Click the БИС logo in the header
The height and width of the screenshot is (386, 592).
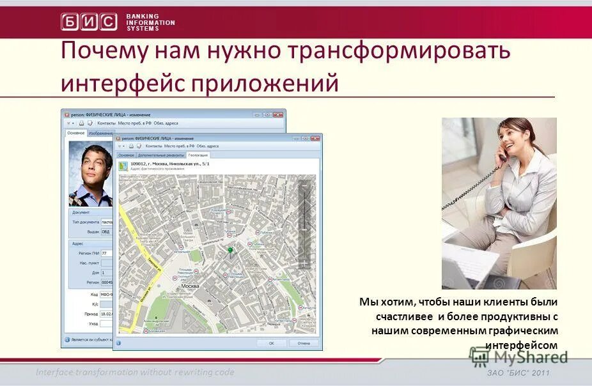pos(89,22)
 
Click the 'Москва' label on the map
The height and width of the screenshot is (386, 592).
pos(191,286)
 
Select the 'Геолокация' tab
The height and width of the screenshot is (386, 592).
pos(198,155)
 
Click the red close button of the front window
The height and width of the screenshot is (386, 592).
pos(315,138)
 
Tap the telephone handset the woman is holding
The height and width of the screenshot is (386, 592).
pos(503,151)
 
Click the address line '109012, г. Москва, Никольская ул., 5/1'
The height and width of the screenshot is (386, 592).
pos(169,164)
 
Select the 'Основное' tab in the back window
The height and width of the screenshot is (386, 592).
pos(76,133)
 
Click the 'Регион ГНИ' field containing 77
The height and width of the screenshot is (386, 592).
pos(107,254)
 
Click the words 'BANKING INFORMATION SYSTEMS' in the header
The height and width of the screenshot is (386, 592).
pos(150,22)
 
